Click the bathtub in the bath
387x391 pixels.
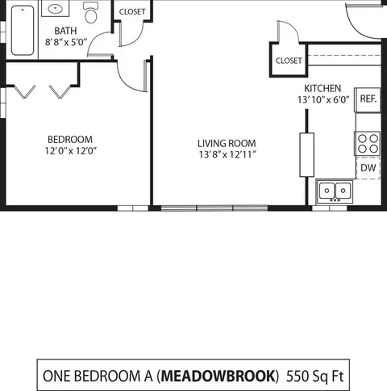click(23, 30)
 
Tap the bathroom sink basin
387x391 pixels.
click(56, 9)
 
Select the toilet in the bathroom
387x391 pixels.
click(91, 12)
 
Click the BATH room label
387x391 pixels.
click(65, 31)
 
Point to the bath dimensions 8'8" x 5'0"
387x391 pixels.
click(66, 42)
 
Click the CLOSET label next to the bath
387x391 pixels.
click(132, 12)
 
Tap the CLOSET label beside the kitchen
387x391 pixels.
click(289, 61)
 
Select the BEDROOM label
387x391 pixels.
click(70, 140)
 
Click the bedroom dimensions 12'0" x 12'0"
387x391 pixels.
click(70, 151)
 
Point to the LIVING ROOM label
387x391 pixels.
click(227, 144)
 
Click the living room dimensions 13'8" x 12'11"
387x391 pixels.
click(227, 155)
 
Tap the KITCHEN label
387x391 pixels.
click(322, 88)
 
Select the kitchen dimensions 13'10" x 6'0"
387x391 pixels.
click(323, 100)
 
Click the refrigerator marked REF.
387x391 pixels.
click(368, 100)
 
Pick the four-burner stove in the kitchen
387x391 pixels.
click(368, 144)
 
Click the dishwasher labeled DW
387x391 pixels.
click(368, 168)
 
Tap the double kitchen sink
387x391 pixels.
click(335, 191)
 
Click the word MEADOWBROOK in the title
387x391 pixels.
click(218, 376)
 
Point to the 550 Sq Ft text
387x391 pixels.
click(315, 376)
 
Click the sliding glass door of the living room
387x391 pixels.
click(214, 208)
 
